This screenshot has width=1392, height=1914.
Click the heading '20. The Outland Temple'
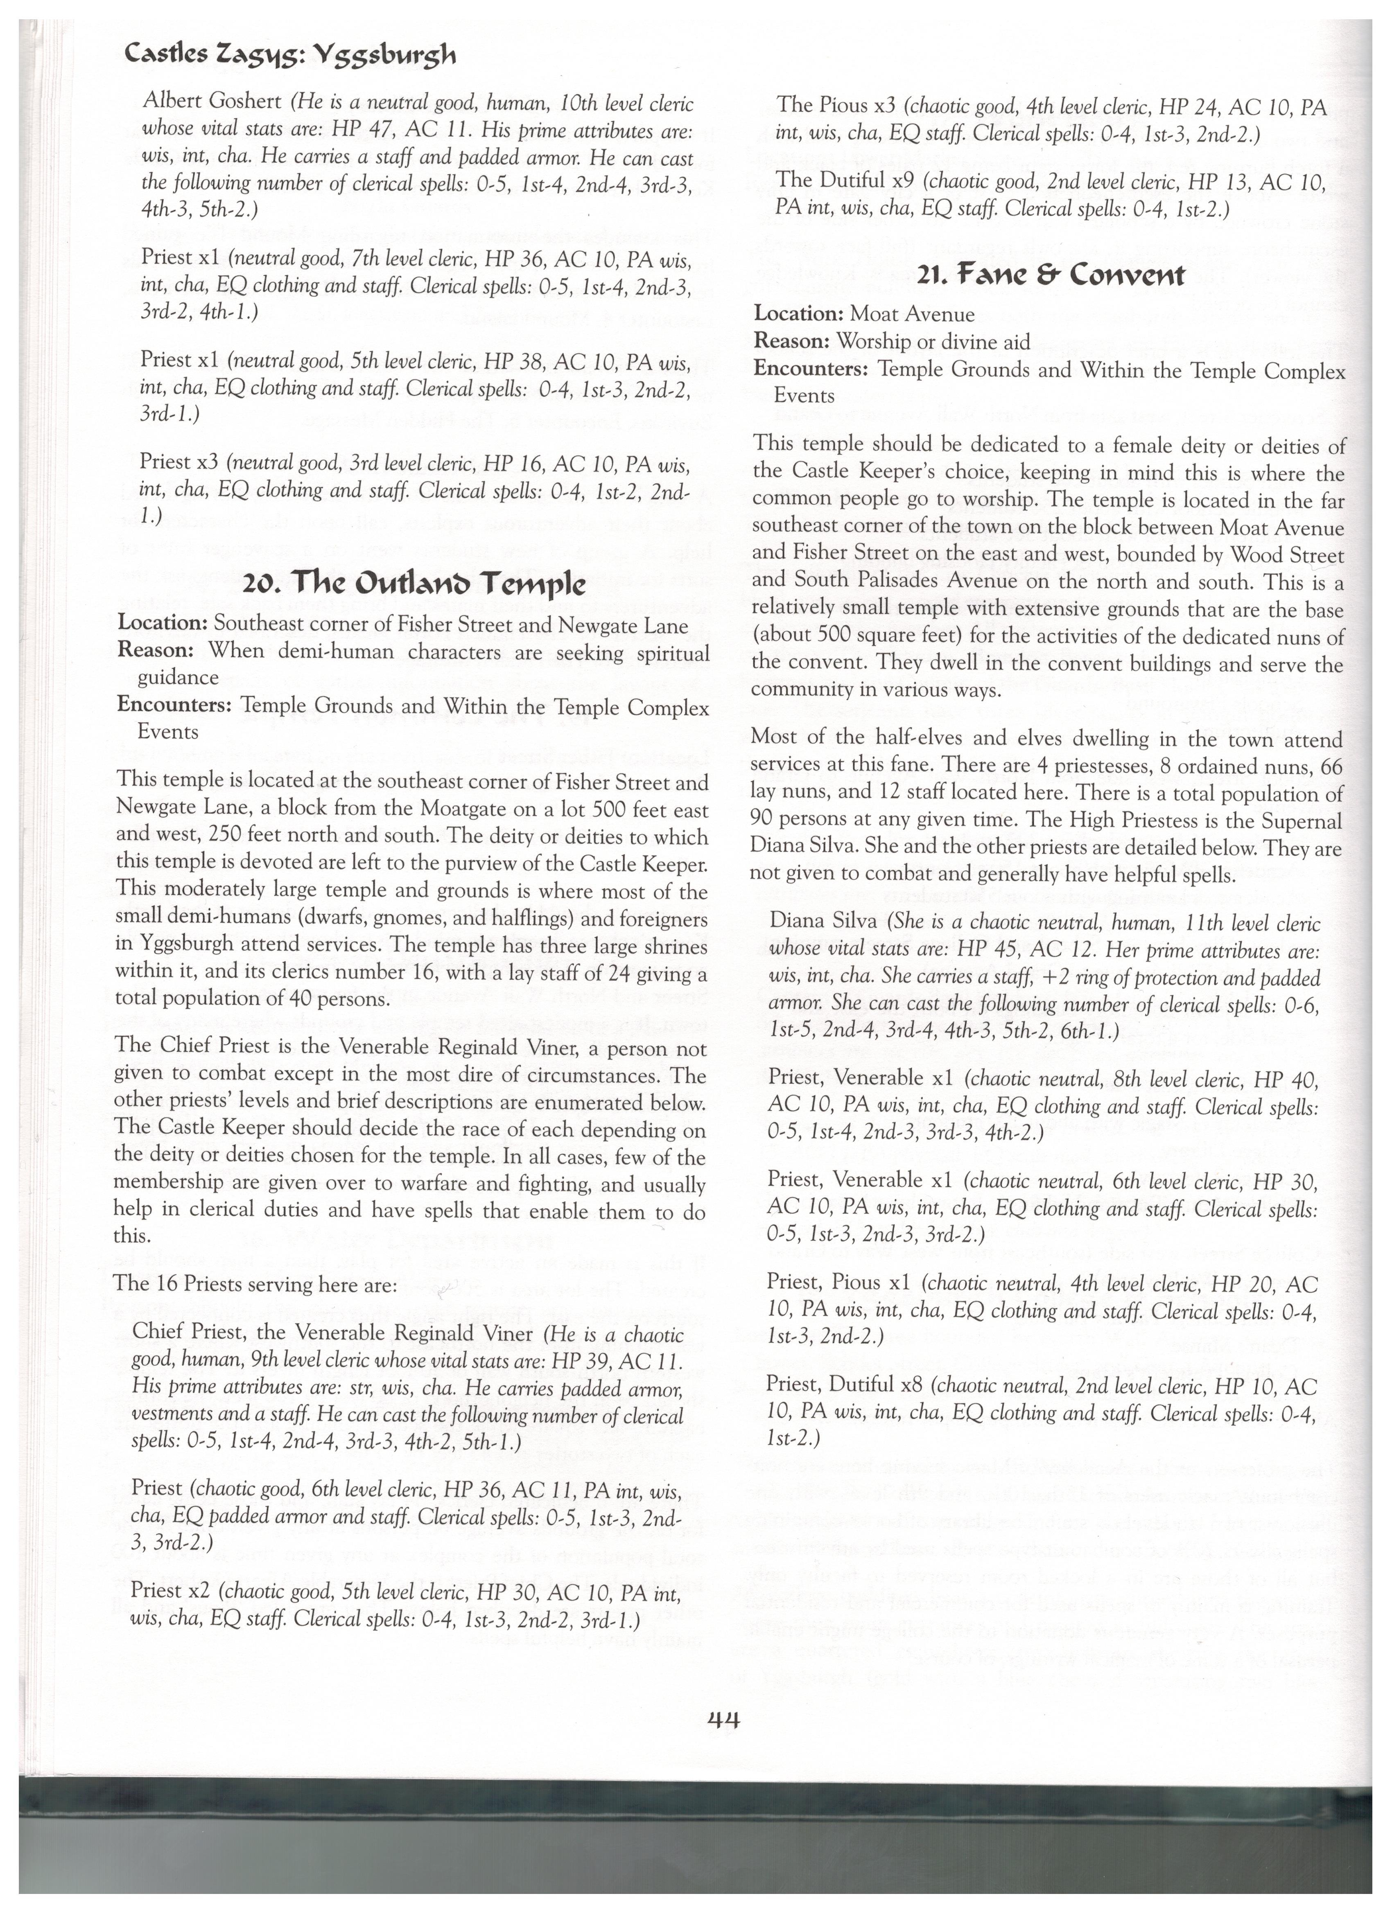coord(414,584)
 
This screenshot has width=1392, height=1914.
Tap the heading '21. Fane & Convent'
coord(1049,274)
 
